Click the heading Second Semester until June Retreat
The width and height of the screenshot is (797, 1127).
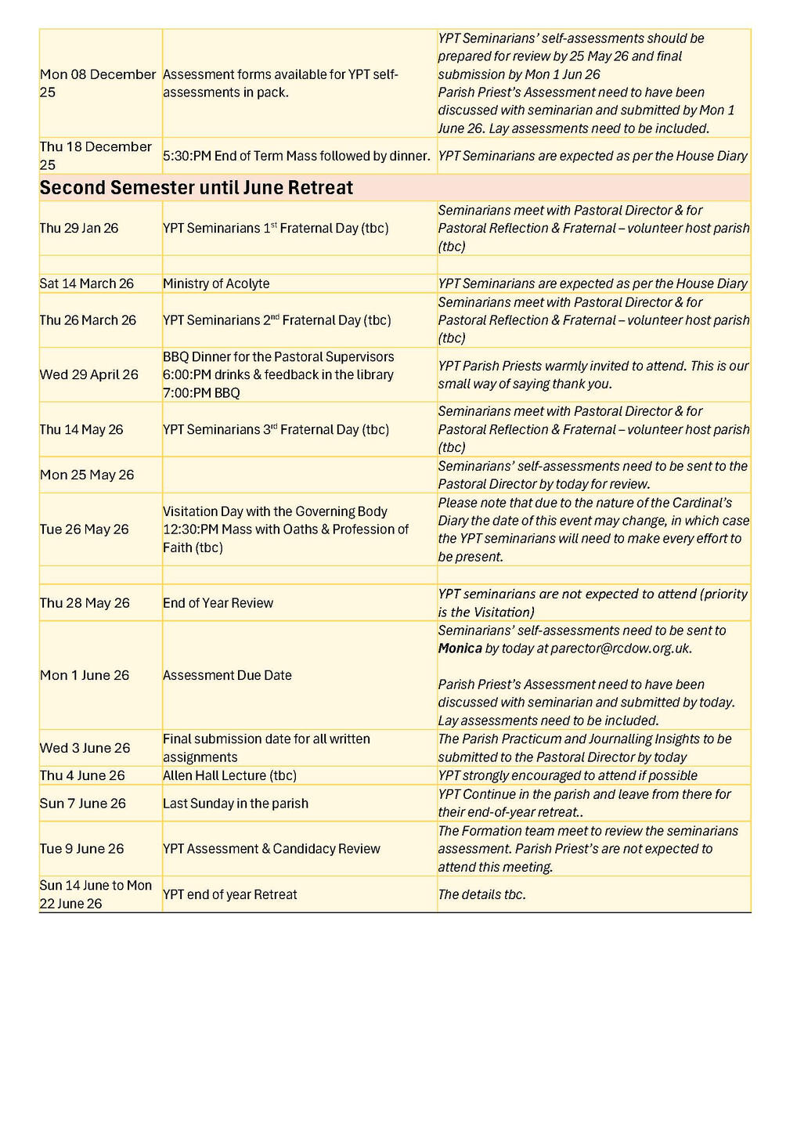197,188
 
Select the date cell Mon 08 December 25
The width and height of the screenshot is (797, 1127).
98,83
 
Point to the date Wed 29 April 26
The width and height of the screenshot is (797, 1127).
89,374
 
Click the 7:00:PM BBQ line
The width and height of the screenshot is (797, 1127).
201,392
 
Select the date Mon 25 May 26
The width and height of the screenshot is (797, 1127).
87,475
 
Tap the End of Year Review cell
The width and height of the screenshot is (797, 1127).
218,603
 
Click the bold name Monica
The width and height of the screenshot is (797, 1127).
460,648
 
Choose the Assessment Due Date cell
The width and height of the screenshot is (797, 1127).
227,675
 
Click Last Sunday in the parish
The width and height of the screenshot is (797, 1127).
236,804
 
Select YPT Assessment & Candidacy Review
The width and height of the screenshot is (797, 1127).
272,849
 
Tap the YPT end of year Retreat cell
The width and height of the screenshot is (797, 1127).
230,894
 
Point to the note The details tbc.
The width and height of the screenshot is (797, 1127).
481,894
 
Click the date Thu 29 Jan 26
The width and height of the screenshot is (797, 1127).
79,228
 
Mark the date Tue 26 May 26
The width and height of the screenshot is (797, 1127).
85,529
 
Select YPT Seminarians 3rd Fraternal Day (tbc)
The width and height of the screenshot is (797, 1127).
276,429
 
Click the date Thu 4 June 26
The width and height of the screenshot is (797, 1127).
82,775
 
